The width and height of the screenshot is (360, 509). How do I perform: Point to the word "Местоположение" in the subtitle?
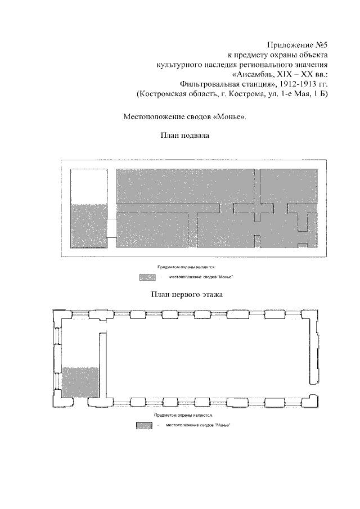click(153, 117)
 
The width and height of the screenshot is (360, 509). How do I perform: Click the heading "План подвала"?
click(185, 136)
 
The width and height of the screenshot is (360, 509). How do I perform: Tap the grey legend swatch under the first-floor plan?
click(144, 425)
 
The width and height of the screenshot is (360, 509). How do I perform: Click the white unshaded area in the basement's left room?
click(89, 186)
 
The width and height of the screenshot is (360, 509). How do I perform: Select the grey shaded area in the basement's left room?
click(89, 225)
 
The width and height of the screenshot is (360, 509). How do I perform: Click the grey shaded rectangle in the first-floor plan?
click(80, 382)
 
